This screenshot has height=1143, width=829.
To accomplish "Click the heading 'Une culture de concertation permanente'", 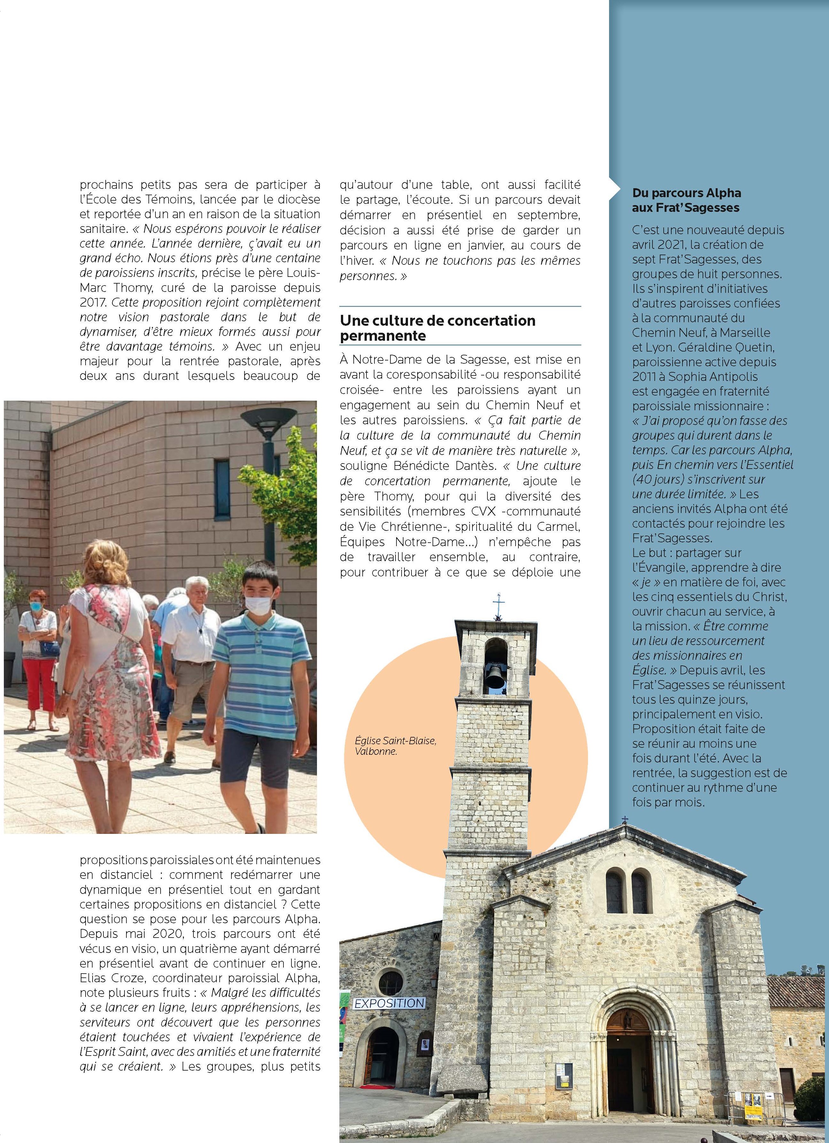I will (x=437, y=328).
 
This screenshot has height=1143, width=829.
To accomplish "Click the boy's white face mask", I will (x=258, y=603).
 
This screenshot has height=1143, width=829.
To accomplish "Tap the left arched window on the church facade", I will (x=615, y=892).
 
